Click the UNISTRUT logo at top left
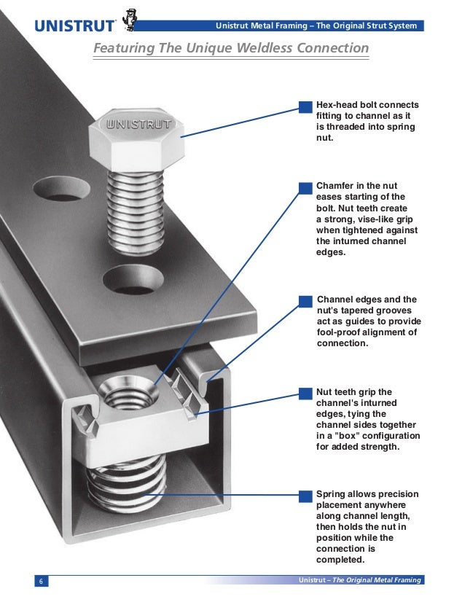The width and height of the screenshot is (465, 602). (x=74, y=26)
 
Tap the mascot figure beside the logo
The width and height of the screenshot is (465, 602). (x=130, y=19)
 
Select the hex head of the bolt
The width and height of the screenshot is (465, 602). (x=136, y=139)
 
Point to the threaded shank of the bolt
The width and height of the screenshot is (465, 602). (x=136, y=213)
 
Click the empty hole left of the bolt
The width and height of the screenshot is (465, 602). (x=61, y=189)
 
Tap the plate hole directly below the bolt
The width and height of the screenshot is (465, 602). (x=133, y=280)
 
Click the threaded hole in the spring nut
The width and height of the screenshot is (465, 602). (x=128, y=393)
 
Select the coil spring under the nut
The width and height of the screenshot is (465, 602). (x=126, y=485)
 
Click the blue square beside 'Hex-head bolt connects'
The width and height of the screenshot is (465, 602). (x=305, y=107)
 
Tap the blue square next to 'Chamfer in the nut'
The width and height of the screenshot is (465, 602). (x=305, y=188)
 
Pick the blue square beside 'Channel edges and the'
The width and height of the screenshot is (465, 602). (x=305, y=302)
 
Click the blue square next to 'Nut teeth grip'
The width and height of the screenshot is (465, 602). (x=305, y=394)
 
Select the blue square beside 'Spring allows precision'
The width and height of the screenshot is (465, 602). (x=305, y=496)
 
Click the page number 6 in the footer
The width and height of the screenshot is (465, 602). (x=41, y=581)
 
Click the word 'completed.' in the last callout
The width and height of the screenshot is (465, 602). (x=340, y=560)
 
